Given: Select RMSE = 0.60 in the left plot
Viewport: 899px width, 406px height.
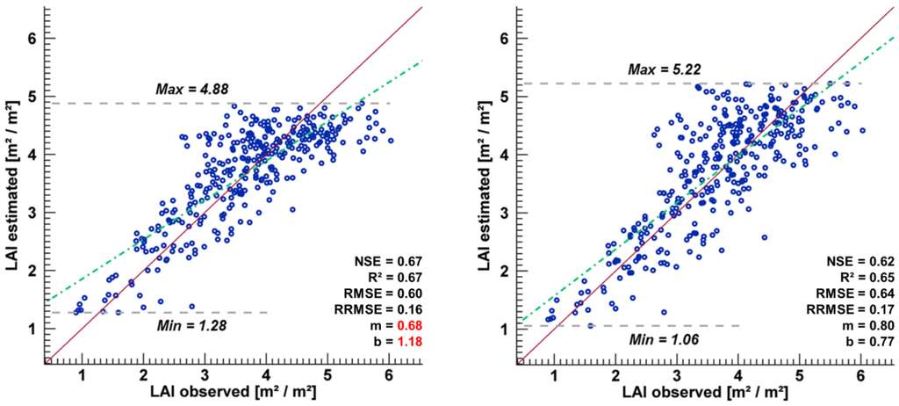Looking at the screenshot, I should [389, 293].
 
